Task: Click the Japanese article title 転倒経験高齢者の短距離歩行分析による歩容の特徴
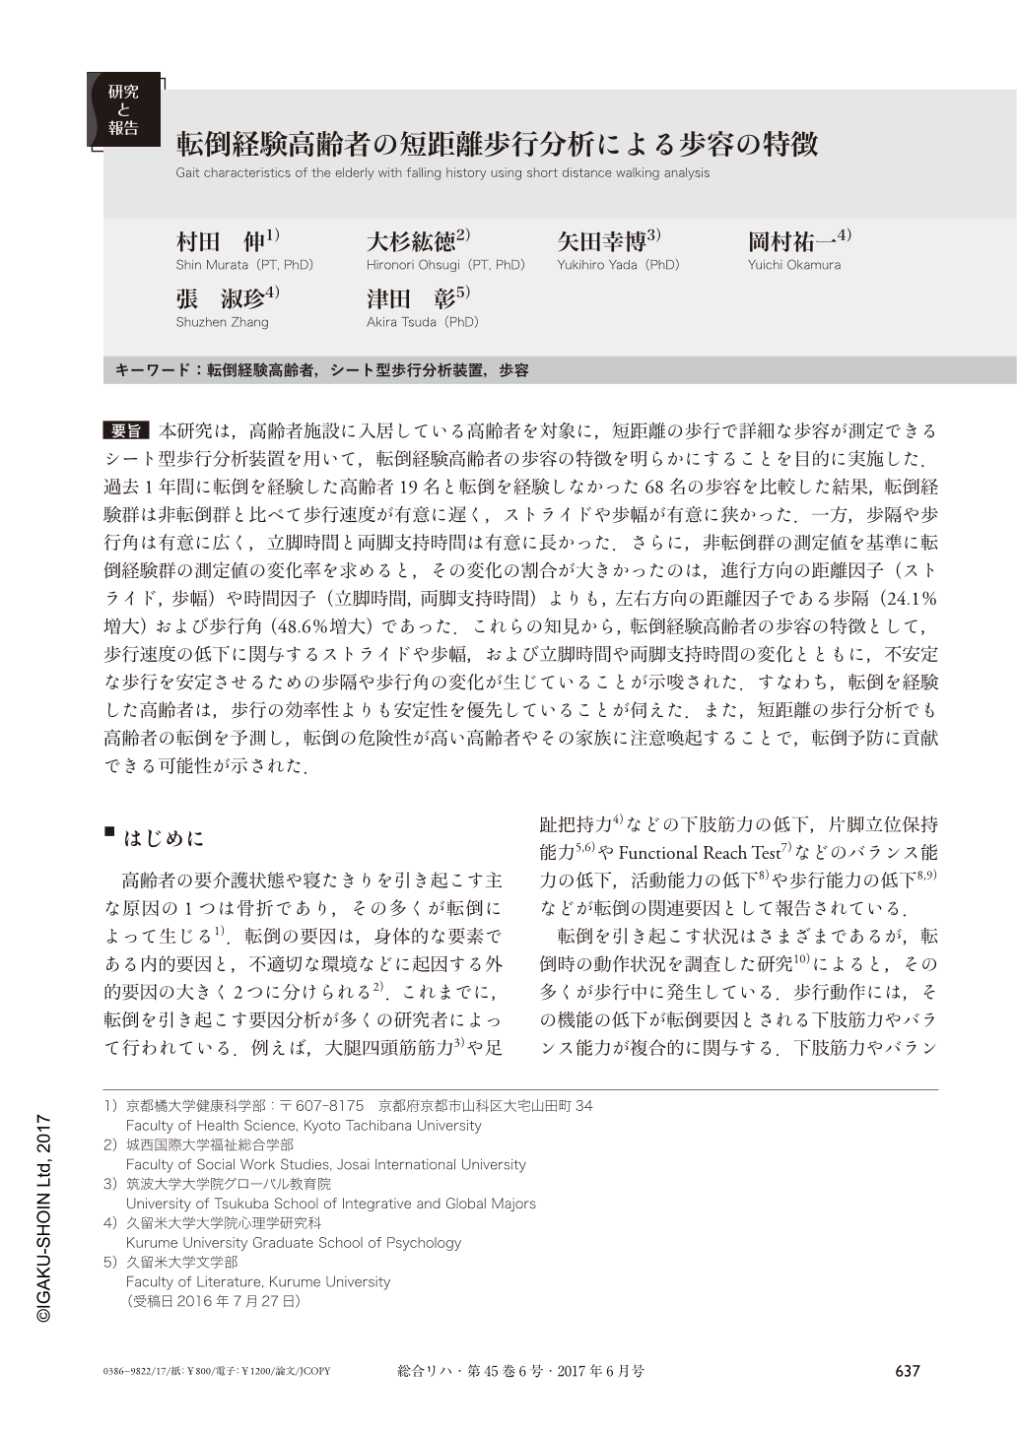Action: tap(497, 145)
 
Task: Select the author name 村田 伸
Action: tap(221, 241)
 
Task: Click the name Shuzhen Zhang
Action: tap(222, 322)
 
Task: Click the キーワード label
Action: tap(156, 370)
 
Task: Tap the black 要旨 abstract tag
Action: tap(125, 431)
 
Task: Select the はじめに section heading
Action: tap(164, 838)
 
